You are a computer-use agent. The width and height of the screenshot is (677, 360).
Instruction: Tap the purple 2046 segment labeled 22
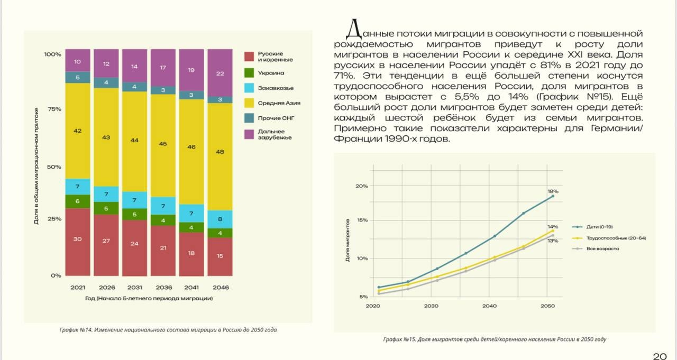pyautogui.click(x=220, y=73)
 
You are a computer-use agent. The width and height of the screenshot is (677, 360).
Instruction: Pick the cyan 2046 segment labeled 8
pyautogui.click(x=220, y=219)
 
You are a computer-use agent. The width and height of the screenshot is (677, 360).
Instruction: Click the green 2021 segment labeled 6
pyautogui.click(x=77, y=201)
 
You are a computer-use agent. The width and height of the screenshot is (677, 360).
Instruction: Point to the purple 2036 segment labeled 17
pyautogui.click(x=163, y=68)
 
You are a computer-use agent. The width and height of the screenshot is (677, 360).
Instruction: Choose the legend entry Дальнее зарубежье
pyautogui.click(x=274, y=134)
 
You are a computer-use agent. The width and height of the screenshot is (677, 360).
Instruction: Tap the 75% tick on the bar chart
pyautogui.click(x=53, y=109)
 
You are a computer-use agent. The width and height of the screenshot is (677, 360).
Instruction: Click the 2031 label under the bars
pyautogui.click(x=134, y=287)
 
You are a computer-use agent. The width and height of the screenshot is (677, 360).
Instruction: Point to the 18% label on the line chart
pyautogui.click(x=553, y=191)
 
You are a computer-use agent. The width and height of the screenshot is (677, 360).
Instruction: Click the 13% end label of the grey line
pyautogui.click(x=553, y=241)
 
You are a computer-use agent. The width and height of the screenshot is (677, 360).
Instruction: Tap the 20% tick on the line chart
pyautogui.click(x=362, y=186)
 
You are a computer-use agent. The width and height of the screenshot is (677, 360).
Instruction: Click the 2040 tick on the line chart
pyautogui.click(x=489, y=306)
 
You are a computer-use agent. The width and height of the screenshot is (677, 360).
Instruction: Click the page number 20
pyautogui.click(x=660, y=355)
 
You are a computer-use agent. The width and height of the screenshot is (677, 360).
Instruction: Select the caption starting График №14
pyautogui.click(x=168, y=330)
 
